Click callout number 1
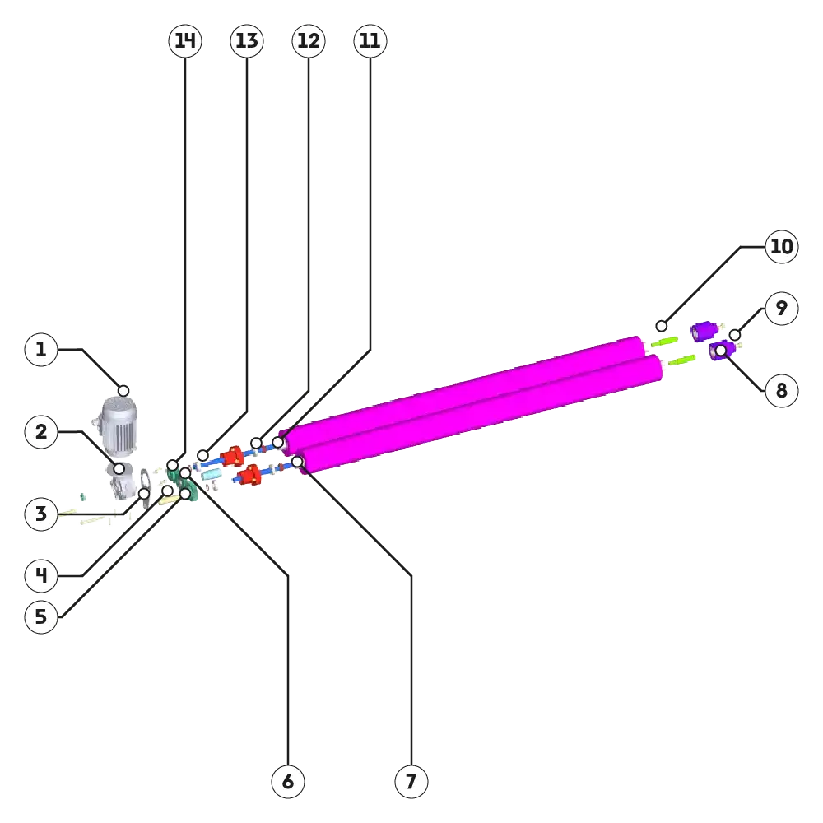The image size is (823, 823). pyautogui.click(x=41, y=351)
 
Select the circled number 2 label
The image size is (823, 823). pyautogui.click(x=41, y=432)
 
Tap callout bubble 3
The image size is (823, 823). pyautogui.click(x=41, y=515)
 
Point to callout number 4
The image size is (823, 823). pyautogui.click(x=41, y=576)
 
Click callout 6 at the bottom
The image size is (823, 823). pyautogui.click(x=288, y=780)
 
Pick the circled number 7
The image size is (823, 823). pyautogui.click(x=411, y=780)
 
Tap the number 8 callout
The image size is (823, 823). pyautogui.click(x=781, y=390)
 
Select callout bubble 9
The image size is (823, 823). pyautogui.click(x=781, y=309)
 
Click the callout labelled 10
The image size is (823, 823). pyautogui.click(x=781, y=247)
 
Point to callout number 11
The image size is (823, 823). pyautogui.click(x=370, y=40)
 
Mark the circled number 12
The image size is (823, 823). pyautogui.click(x=309, y=40)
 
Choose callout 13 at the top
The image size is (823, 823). pyautogui.click(x=246, y=40)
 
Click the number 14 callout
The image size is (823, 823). pyautogui.click(x=184, y=40)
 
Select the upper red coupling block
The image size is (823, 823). pyautogui.click(x=232, y=455)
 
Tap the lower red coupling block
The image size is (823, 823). pyautogui.click(x=246, y=474)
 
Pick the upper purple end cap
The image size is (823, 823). pyautogui.click(x=703, y=331)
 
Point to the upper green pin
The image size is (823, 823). pyautogui.click(x=664, y=340)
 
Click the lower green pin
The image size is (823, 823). pyautogui.click(x=682, y=360)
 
